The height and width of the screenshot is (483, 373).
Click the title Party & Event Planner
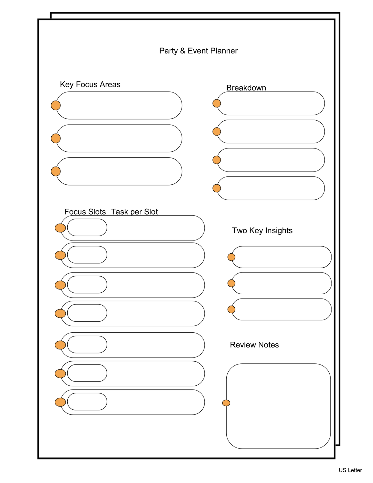click(x=198, y=51)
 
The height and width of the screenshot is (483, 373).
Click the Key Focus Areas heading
click(x=90, y=84)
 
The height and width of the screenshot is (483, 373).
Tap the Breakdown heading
click(x=246, y=88)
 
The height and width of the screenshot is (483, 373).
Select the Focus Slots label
click(x=85, y=212)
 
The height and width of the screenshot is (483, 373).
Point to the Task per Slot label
click(x=134, y=212)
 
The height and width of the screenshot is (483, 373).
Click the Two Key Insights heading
click(x=262, y=230)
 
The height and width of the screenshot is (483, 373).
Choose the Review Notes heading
click(x=254, y=345)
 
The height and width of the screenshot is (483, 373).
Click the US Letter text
click(x=350, y=470)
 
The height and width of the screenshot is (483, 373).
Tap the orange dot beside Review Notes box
click(x=226, y=403)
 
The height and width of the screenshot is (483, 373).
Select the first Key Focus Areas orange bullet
click(x=56, y=105)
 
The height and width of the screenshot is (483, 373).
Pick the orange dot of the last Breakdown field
click(x=217, y=188)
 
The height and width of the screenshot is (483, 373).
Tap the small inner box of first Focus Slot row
click(x=87, y=228)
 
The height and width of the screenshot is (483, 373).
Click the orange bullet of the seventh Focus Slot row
click(x=60, y=402)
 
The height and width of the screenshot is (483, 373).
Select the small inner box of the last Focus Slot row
click(x=87, y=402)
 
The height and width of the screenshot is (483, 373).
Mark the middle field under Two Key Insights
click(x=281, y=283)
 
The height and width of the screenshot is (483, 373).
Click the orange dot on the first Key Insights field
click(x=231, y=257)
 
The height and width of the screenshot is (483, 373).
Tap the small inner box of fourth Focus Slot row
click(x=87, y=313)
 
